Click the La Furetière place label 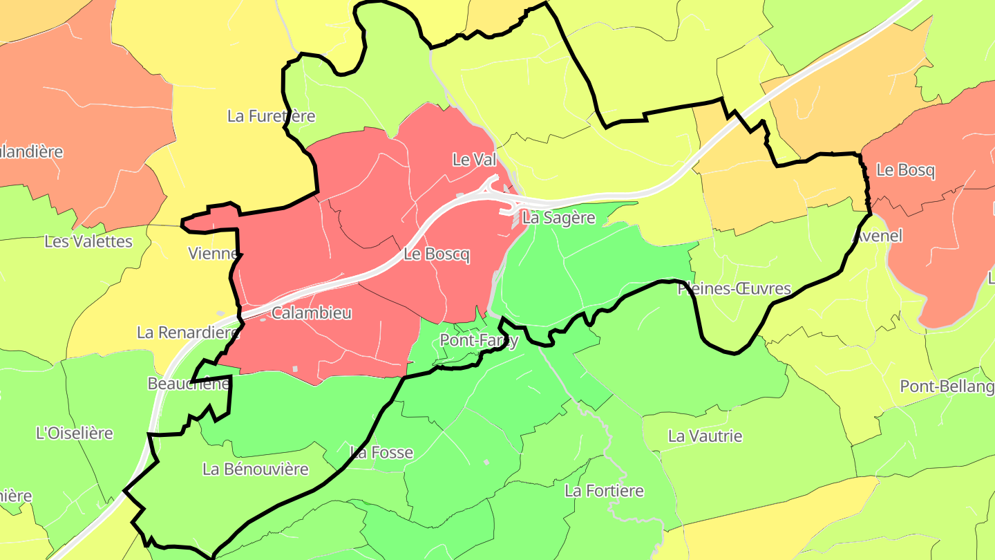tap(271, 116)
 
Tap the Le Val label tap(474, 160)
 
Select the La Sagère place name tap(558, 218)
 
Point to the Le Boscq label tap(436, 254)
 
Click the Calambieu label tap(311, 313)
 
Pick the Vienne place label tap(213, 254)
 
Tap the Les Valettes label tap(88, 241)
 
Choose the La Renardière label tap(187, 333)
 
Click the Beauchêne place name tap(188, 384)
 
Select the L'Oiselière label tap(74, 433)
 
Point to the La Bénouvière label tap(255, 469)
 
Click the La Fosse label tap(381, 453)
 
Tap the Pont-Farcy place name tap(478, 341)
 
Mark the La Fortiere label tap(604, 491)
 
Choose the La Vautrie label tap(705, 436)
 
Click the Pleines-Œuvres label tap(734, 288)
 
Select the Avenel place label tap(878, 236)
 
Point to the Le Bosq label tap(905, 170)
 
